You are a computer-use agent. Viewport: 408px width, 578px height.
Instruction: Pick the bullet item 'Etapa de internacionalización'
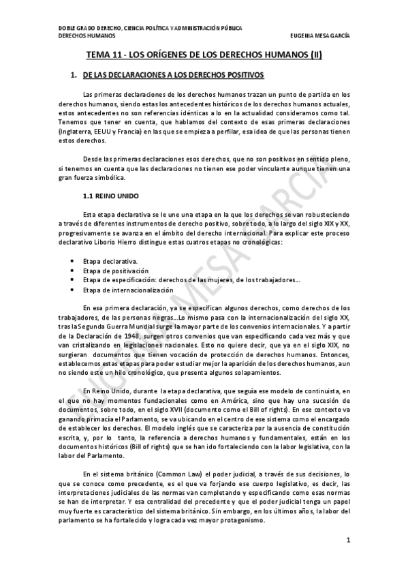[127, 289]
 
